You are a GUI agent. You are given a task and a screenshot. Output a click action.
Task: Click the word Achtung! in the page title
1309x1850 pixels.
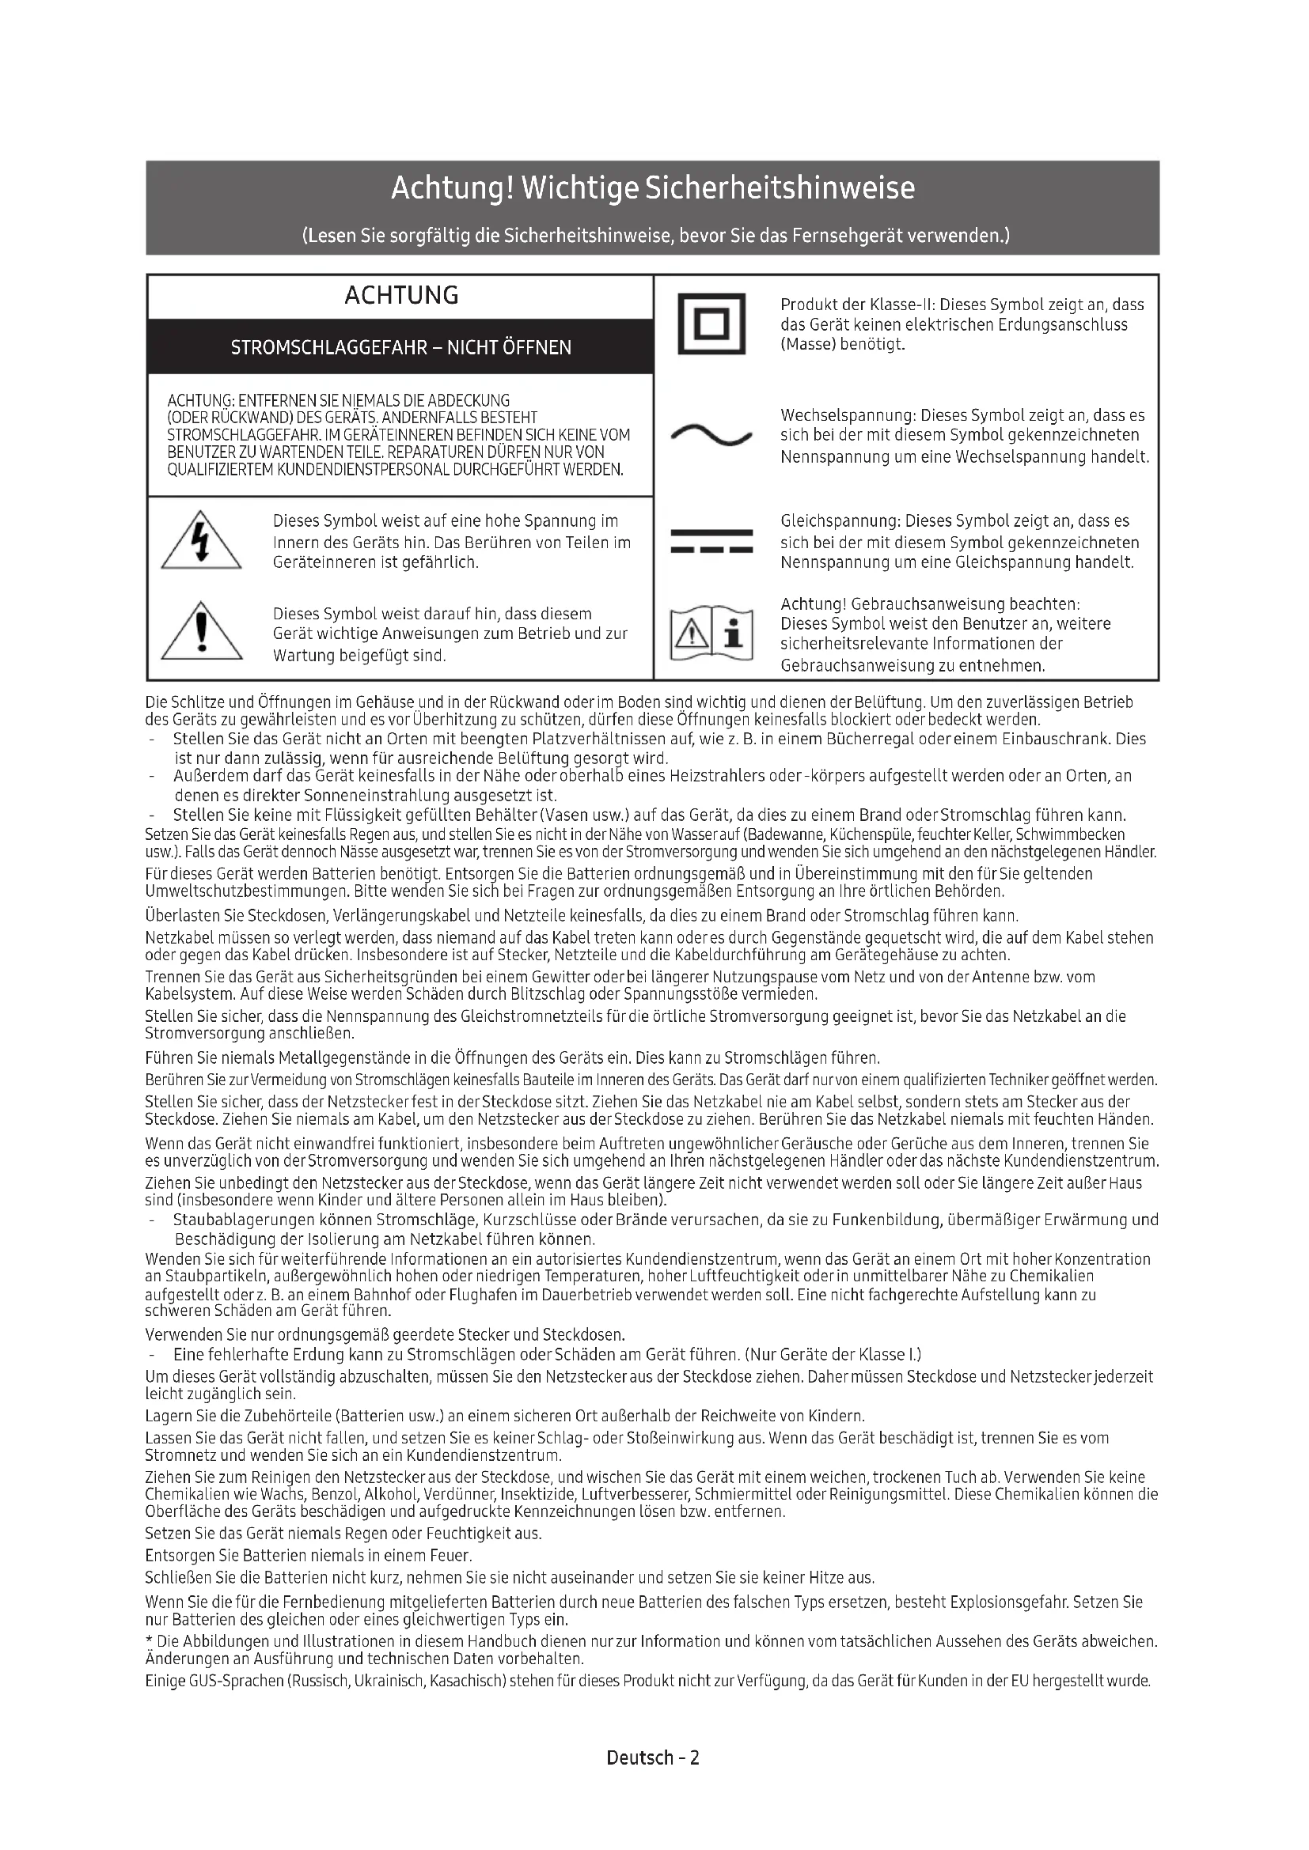(452, 188)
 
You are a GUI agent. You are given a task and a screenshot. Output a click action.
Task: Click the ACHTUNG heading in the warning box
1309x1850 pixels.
(401, 296)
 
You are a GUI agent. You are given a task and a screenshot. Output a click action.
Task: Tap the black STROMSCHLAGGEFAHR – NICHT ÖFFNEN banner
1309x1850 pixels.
(400, 347)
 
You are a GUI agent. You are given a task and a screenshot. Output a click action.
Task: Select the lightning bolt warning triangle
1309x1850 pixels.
(202, 542)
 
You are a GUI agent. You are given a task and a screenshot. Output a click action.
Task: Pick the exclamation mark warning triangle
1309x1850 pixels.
(202, 634)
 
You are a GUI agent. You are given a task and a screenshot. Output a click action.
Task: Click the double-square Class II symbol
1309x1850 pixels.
(711, 324)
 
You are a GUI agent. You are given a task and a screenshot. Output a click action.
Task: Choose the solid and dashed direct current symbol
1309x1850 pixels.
(711, 541)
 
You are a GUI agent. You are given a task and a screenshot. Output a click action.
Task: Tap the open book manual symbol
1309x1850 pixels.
(711, 634)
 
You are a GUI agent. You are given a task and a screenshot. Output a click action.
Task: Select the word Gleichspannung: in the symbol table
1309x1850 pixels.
(840, 521)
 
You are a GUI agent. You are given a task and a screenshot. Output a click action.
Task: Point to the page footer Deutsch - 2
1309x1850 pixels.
(653, 1757)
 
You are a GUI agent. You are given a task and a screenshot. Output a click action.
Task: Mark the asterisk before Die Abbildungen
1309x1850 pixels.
(149, 1640)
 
